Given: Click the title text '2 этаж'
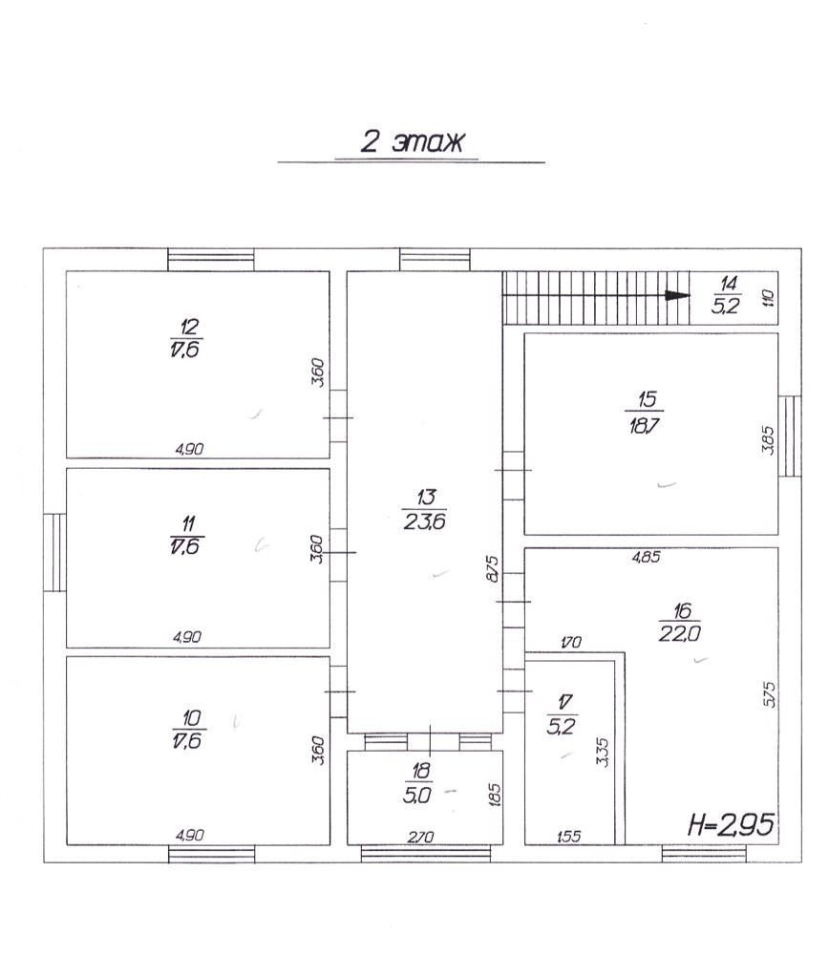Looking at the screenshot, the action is pyautogui.click(x=413, y=141).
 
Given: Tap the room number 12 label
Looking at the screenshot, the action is pyautogui.click(x=188, y=327).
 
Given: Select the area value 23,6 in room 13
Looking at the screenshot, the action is pyautogui.click(x=425, y=521).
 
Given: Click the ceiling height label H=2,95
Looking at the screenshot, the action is pyautogui.click(x=731, y=824).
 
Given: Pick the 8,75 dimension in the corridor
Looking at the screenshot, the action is pyautogui.click(x=493, y=569).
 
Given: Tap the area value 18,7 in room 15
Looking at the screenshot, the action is pyautogui.click(x=644, y=426).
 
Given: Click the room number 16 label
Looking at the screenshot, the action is pyautogui.click(x=683, y=610).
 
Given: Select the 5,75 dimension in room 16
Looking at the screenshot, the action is pyautogui.click(x=769, y=693).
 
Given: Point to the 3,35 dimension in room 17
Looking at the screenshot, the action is pyautogui.click(x=603, y=752).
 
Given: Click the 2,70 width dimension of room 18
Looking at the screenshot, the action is pyautogui.click(x=420, y=837).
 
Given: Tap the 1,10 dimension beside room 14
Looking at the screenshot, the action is pyautogui.click(x=768, y=298).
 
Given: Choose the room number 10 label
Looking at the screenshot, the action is pyautogui.click(x=191, y=718).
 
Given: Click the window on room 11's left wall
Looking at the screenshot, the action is pyautogui.click(x=54, y=552).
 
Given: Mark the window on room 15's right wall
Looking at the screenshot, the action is pyautogui.click(x=790, y=436).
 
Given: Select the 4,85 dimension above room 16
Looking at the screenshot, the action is pyautogui.click(x=647, y=557).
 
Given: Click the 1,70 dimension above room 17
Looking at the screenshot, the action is pyautogui.click(x=571, y=642).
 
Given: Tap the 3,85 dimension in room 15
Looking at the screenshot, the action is pyautogui.click(x=768, y=439).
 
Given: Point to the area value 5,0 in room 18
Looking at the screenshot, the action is pyautogui.click(x=417, y=796).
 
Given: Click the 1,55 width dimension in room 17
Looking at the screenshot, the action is pyautogui.click(x=568, y=837).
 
